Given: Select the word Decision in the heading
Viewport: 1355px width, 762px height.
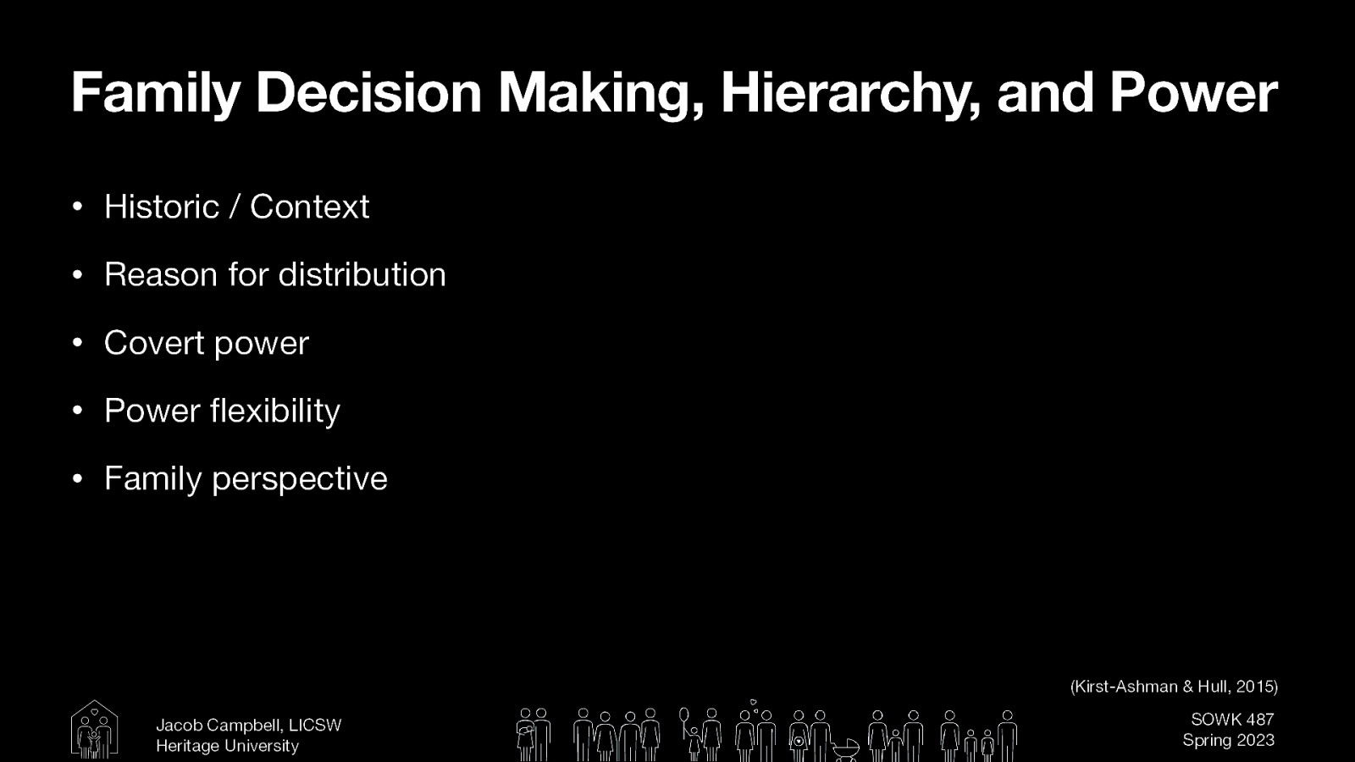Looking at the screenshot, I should pyautogui.click(x=368, y=92).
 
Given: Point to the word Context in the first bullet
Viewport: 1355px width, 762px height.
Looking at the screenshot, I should pyautogui.click(x=309, y=207).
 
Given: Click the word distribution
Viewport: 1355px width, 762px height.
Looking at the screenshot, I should pyautogui.click(x=362, y=274).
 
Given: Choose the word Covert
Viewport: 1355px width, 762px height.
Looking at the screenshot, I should pyautogui.click(x=153, y=343).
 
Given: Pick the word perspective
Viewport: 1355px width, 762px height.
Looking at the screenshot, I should pyautogui.click(x=299, y=479).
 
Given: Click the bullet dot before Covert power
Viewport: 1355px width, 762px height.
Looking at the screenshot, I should pyautogui.click(x=77, y=343).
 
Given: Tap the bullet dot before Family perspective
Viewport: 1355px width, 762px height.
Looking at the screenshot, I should pyautogui.click(x=77, y=479).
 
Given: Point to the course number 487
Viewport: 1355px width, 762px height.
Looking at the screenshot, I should pyautogui.click(x=1259, y=720).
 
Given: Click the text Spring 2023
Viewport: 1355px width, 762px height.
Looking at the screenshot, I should pyautogui.click(x=1228, y=740).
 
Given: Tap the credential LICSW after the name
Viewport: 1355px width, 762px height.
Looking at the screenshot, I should pyautogui.click(x=315, y=726).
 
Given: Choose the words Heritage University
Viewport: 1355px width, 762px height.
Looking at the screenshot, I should pyautogui.click(x=227, y=746).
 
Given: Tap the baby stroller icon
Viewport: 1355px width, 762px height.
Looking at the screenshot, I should pyautogui.click(x=844, y=748).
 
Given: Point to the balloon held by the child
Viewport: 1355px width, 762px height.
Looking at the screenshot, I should pyautogui.click(x=683, y=716).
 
